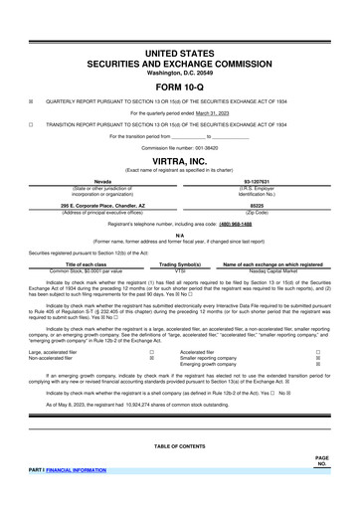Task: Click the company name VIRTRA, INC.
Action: coord(180,159)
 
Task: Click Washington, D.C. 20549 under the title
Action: coord(180,72)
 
